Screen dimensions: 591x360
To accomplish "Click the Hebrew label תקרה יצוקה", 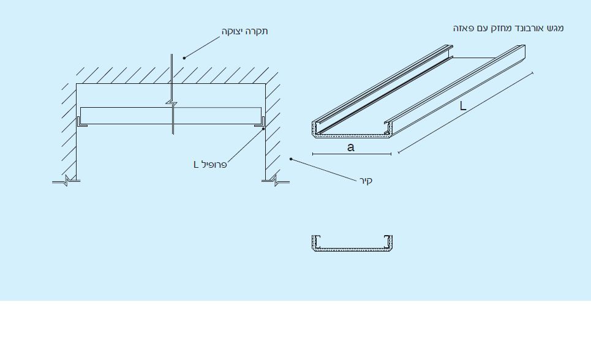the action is (244, 31).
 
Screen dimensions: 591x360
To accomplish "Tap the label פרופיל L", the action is (210, 164).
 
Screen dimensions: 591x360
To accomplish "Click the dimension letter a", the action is (350, 147).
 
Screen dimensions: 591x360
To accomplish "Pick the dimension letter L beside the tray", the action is (463, 106).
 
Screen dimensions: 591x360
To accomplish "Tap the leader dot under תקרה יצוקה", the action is (184, 58).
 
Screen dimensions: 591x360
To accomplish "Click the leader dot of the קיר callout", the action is (290, 159).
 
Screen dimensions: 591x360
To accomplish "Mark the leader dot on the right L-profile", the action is (263, 129).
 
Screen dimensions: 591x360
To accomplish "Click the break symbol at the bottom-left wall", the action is (66, 181).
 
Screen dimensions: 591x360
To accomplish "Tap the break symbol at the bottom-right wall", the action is (276, 181).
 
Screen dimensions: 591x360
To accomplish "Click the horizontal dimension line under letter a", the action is (352, 154).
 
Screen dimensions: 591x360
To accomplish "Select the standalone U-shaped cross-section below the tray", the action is (352, 249).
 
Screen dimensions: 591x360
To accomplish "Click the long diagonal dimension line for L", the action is (465, 112).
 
